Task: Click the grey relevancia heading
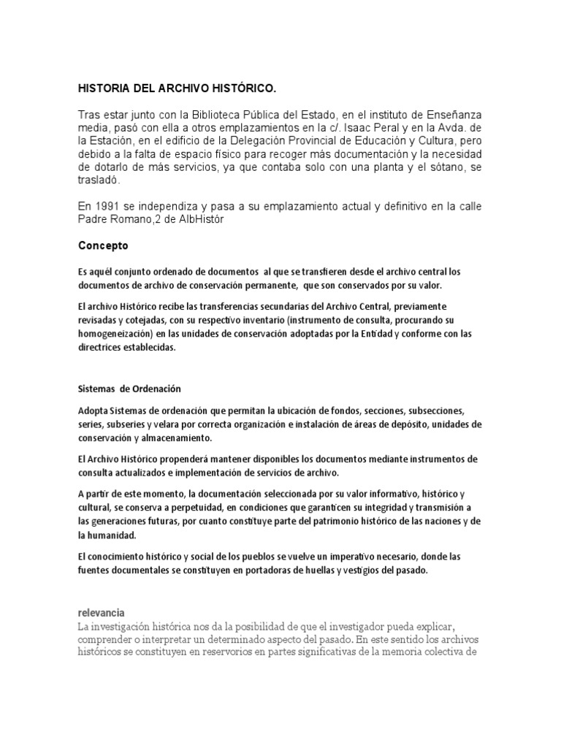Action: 102,612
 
